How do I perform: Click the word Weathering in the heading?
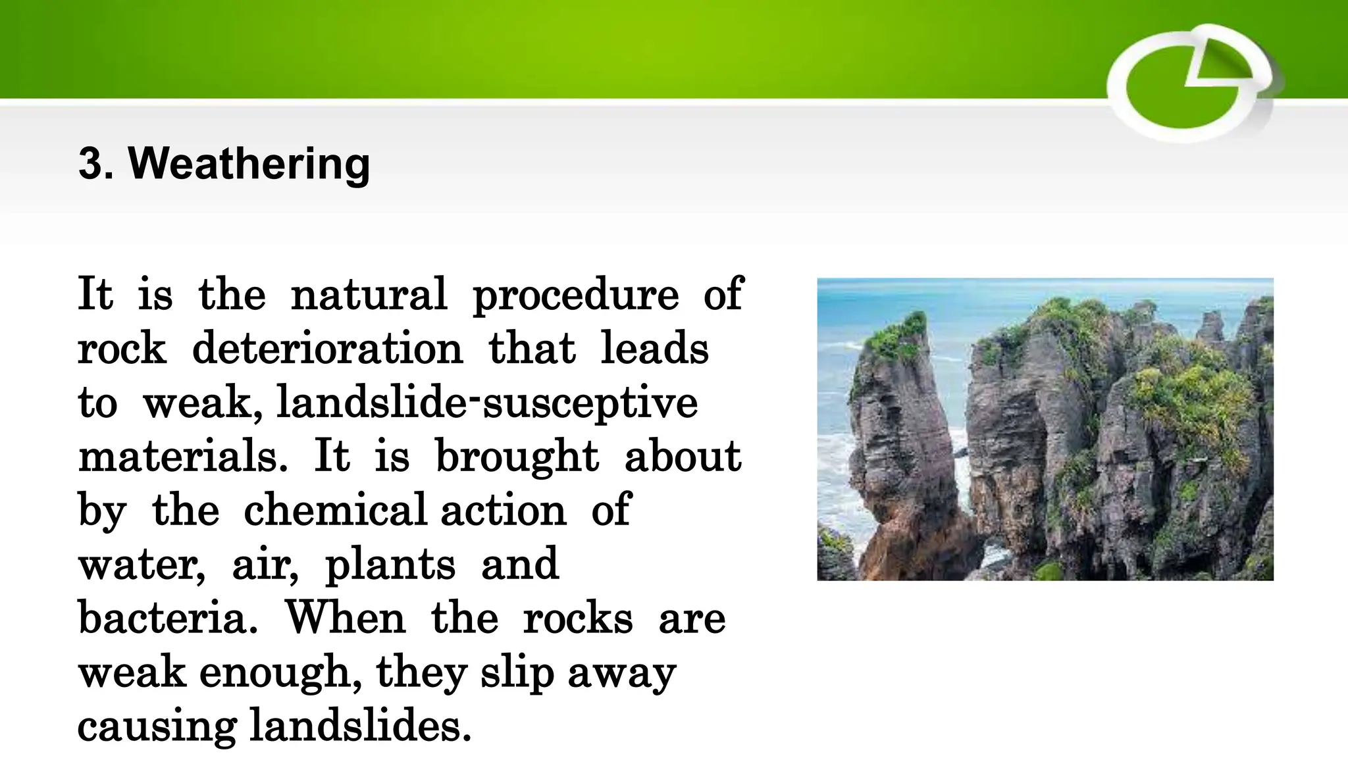click(249, 163)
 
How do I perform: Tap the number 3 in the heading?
click(91, 163)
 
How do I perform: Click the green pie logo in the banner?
click(1188, 84)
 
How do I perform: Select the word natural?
click(369, 294)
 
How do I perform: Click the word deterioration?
click(327, 348)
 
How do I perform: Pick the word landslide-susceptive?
click(487, 403)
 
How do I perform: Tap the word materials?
click(182, 456)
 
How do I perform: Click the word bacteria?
click(167, 618)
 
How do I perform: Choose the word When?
click(346, 618)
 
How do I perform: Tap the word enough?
click(280, 673)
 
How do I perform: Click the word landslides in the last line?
click(360, 726)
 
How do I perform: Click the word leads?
click(654, 348)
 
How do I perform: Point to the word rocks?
click(578, 618)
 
